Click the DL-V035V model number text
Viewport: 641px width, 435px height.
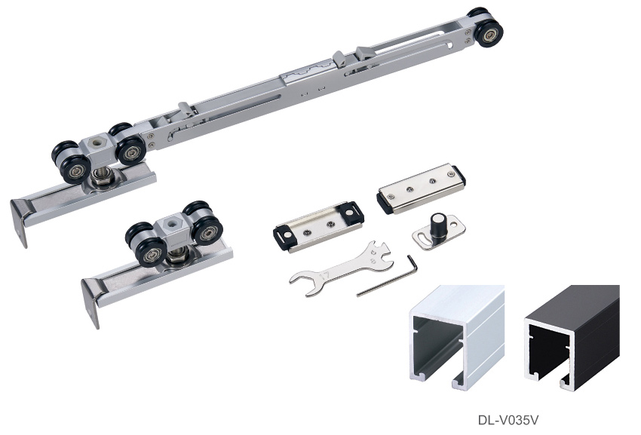[x=508, y=420]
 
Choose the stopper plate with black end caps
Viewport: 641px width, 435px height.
[x=319, y=227]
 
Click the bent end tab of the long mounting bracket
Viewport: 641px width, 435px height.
[x=19, y=222]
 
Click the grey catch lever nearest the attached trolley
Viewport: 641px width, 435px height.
[x=185, y=110]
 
